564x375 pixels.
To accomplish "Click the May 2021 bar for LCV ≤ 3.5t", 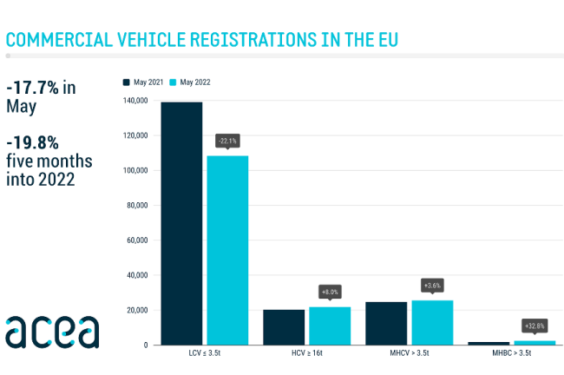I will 181,223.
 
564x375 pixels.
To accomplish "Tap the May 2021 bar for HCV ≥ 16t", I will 284,327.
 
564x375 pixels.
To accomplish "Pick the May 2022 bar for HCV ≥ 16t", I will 330,326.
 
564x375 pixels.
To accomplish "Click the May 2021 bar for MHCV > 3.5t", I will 386,323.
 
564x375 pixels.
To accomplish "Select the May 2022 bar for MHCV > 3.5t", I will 432,322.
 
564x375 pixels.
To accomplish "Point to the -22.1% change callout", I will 227,140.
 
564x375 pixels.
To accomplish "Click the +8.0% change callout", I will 331,292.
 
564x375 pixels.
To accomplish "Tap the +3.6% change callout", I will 433,285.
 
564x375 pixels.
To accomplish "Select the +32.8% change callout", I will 534,326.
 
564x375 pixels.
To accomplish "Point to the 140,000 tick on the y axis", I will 136,102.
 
